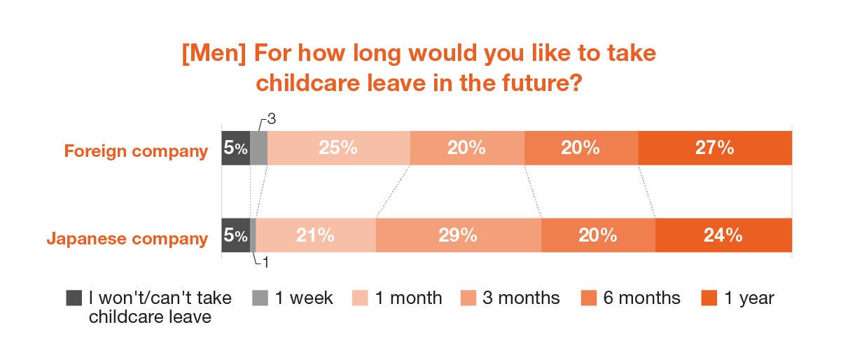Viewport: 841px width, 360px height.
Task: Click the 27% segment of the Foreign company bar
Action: (715, 148)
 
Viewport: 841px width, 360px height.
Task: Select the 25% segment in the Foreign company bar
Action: (339, 148)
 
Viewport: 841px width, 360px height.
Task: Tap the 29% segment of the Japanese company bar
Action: (458, 235)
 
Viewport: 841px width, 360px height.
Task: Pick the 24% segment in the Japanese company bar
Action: (723, 235)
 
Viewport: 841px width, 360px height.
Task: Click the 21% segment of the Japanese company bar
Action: (316, 235)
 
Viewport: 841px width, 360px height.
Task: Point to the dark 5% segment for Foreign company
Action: (235, 148)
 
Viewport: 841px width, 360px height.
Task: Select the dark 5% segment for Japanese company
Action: (235, 235)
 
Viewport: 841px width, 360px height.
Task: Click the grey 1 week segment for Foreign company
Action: (258, 148)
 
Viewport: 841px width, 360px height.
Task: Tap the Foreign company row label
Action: (136, 151)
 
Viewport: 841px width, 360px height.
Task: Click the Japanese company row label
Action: (127, 239)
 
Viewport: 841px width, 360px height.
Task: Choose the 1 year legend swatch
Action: (709, 298)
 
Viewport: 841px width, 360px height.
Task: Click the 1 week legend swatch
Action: (260, 298)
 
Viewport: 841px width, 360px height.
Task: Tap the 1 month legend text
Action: (409, 298)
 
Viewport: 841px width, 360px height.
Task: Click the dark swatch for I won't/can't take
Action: (74, 298)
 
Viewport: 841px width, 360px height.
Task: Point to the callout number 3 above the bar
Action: (271, 120)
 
